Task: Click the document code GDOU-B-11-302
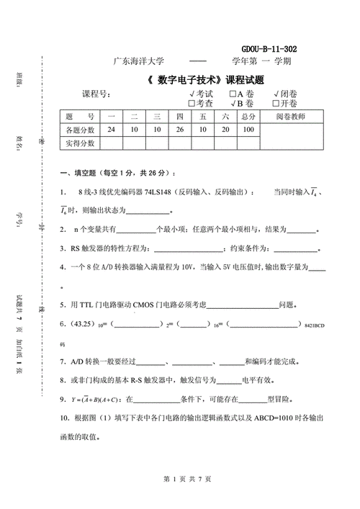(269, 48)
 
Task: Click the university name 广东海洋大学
(139, 62)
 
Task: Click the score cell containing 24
(111, 130)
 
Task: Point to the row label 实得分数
(80, 143)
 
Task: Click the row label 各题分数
(80, 130)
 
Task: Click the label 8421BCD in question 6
(316, 325)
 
